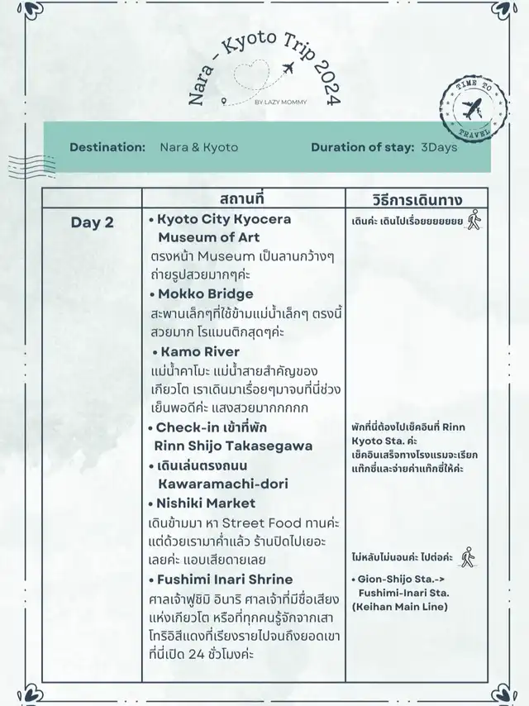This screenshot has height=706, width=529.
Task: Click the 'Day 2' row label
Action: point(93,222)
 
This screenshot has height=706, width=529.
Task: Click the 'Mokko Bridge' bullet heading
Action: point(201,294)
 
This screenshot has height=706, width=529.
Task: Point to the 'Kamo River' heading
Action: point(198,352)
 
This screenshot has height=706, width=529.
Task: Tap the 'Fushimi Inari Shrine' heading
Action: point(220,580)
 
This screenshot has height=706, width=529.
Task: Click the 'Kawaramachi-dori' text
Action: point(223,484)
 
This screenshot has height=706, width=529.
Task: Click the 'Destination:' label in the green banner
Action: point(107,147)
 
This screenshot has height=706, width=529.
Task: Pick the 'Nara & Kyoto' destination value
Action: point(198,147)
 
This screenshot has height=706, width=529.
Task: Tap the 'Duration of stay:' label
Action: point(362,147)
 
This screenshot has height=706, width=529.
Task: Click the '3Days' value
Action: point(439,147)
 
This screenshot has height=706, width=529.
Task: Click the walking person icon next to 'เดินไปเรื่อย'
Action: point(474,220)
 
